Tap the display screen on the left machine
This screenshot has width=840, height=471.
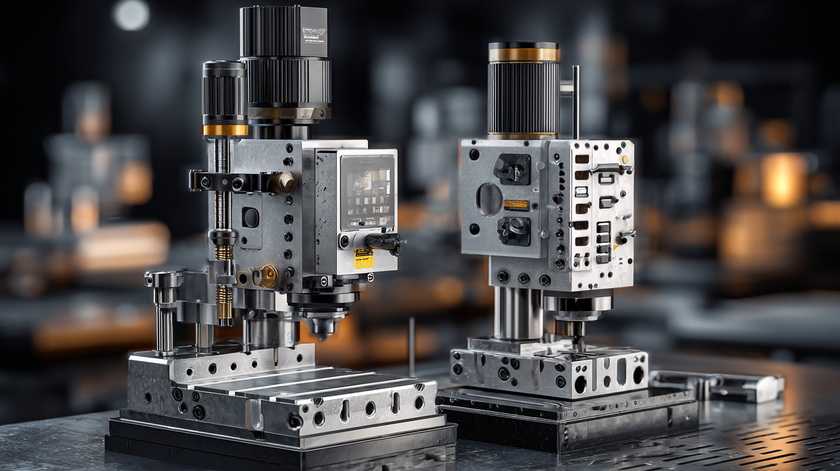click(x=367, y=192)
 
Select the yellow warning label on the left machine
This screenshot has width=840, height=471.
click(x=364, y=258)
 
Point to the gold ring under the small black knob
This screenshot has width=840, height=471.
click(x=225, y=130)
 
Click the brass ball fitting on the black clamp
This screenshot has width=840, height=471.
click(x=283, y=182)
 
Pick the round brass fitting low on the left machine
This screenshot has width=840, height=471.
click(x=268, y=276)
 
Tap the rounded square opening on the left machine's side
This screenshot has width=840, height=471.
click(x=250, y=218)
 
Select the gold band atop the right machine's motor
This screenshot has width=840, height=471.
click(x=523, y=54)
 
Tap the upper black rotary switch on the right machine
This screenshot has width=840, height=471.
click(x=511, y=169)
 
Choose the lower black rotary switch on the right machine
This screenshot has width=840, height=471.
click(x=513, y=230)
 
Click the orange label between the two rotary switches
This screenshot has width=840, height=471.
click(x=516, y=204)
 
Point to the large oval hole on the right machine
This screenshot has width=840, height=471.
click(x=489, y=199)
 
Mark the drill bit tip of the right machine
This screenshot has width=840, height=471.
click(x=577, y=345)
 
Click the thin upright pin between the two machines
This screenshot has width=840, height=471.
click(x=411, y=346)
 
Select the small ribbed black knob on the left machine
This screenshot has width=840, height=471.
click(x=224, y=92)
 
